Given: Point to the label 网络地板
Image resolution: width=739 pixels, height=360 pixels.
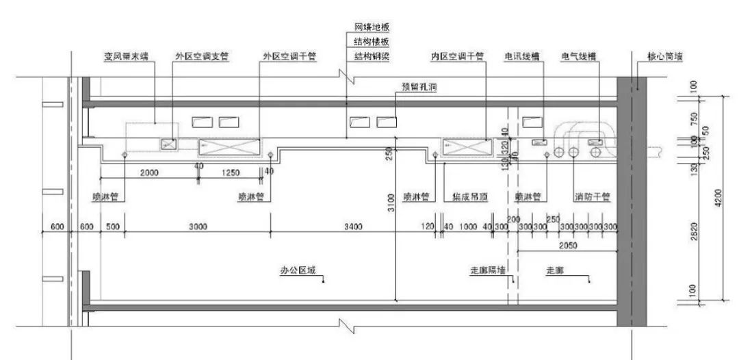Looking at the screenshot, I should (372, 27).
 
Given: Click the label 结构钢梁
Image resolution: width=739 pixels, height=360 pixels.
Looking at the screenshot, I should (372, 56).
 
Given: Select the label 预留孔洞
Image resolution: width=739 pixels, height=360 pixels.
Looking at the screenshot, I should (419, 88).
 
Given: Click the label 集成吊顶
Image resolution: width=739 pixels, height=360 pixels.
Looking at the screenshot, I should (469, 197).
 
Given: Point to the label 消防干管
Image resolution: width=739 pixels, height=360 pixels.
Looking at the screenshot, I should (592, 197).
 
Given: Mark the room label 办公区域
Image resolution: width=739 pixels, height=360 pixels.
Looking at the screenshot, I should (299, 270).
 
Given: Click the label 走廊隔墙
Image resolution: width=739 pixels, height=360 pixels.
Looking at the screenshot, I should (488, 270).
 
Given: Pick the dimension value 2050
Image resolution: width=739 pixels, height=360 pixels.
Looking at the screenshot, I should (566, 244).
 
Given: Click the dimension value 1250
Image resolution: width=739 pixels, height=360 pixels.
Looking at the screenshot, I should (231, 173).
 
